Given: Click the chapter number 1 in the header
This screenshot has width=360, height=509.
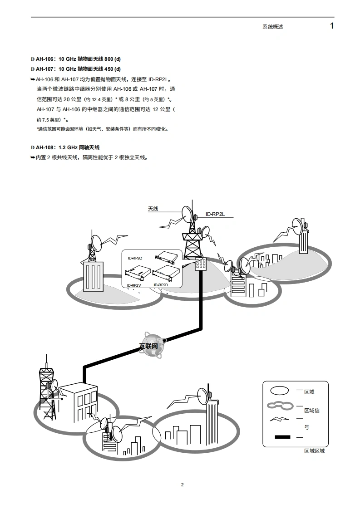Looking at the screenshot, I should pyautogui.click(x=332, y=26).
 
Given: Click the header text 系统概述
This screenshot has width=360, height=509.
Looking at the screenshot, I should pyautogui.click(x=272, y=27).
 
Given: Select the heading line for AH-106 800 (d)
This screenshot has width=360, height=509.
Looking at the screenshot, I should pyautogui.click(x=76, y=59).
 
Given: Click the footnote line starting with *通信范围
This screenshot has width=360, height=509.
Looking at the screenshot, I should pyautogui.click(x=102, y=129).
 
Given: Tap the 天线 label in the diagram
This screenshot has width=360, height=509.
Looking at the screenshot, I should pyautogui.click(x=153, y=209).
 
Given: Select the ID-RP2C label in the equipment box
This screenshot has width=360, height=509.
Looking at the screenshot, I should pyautogui.click(x=135, y=258).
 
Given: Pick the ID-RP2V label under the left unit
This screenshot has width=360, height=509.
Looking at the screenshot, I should pyautogui.click(x=134, y=285).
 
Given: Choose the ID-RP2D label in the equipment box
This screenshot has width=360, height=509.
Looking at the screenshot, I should pyautogui.click(x=161, y=285).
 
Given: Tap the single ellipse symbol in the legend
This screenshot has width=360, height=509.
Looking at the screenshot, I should pyautogui.click(x=280, y=390).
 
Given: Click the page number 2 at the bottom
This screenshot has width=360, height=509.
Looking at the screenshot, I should pyautogui.click(x=182, y=485).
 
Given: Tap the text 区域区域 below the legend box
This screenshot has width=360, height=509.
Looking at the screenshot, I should pyautogui.click(x=314, y=451).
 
